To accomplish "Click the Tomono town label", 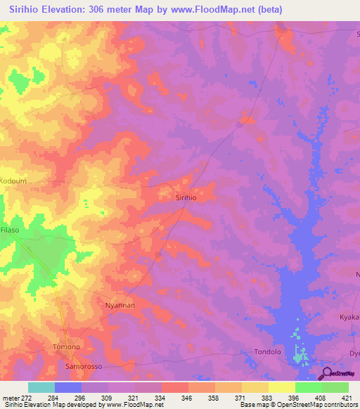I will tap(67, 347).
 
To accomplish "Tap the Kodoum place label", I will tap(13, 181).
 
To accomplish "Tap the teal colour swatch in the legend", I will tap(41, 387).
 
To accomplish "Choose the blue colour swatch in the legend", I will tap(68, 387).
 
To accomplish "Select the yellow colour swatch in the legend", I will tap(281, 387).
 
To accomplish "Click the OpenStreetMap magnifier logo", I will tap(326, 374).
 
